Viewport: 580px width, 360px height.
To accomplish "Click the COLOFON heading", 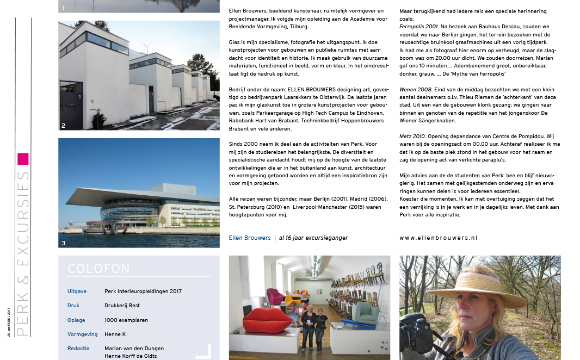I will (x=98, y=269).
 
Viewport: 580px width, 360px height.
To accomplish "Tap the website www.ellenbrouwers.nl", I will (x=439, y=238).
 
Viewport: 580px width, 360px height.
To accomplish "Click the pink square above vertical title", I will (x=22, y=159).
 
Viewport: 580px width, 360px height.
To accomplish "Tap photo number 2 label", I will (x=64, y=126).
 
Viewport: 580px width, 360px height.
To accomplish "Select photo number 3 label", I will (x=64, y=243).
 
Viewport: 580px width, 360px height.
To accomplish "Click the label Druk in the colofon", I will (x=73, y=306).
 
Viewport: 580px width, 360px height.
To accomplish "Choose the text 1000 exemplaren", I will (x=126, y=320).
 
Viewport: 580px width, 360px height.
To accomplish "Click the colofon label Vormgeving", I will (x=82, y=334).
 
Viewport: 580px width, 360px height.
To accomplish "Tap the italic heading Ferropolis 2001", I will (x=419, y=26).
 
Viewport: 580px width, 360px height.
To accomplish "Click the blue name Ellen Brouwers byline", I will (x=250, y=238).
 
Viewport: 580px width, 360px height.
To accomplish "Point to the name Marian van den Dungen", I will (x=134, y=348).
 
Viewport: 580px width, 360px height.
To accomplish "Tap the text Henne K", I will (x=115, y=334).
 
